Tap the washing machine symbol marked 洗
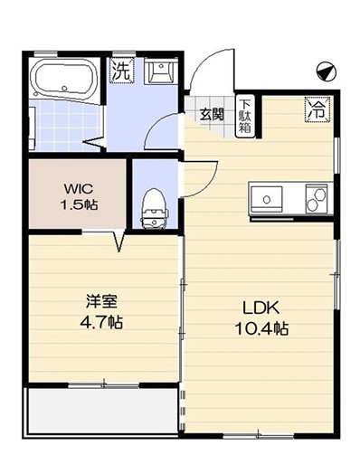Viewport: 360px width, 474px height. pos(121,71)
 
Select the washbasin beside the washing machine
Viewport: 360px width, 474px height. pos(160,71)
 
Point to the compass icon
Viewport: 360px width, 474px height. pos(327,71)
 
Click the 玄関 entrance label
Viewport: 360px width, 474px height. pos(212,114)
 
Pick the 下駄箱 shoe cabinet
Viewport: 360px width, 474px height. pos(245,117)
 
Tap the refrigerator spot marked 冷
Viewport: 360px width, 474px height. pos(317,109)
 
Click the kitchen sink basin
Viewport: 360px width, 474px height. pos(266,199)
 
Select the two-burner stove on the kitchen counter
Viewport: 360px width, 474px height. pos(317,199)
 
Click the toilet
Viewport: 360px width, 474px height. pos(155,209)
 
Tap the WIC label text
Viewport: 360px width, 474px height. pos(78,189)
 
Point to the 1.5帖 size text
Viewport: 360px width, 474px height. pos(79,205)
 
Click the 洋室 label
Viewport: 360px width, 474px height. pos(101,301)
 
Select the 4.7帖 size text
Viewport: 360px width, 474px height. pos(101,322)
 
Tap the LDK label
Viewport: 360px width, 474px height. pos(261,308)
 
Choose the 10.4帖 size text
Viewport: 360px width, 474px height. pos(261,328)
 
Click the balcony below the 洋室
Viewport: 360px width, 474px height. pos(102,411)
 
